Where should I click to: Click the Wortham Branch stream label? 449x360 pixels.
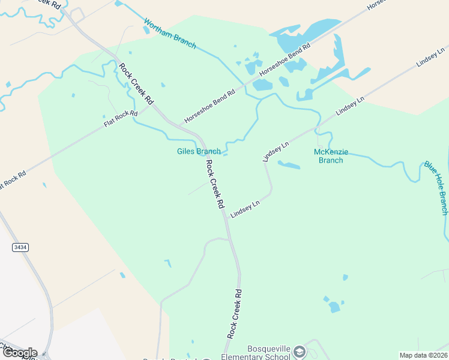(170, 34)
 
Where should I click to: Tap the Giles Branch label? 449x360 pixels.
(199, 152)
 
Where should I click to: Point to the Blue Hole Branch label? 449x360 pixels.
(436, 187)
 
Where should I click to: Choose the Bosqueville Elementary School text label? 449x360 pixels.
(269, 353)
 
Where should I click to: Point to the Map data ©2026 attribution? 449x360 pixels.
(424, 355)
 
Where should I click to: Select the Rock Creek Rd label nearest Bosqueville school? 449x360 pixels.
(235, 313)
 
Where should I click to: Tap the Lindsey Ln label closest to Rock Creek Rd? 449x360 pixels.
(245, 209)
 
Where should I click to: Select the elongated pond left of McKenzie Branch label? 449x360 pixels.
(289, 165)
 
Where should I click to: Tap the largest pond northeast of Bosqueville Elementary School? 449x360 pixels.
(334, 307)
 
